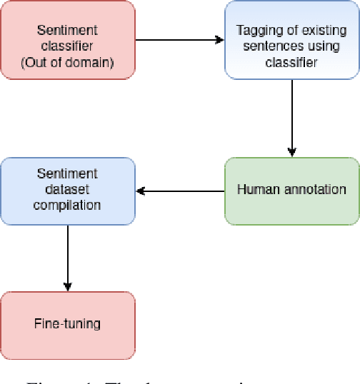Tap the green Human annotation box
(291, 190)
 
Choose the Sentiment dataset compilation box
(67, 190)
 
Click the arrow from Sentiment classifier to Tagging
(179, 39)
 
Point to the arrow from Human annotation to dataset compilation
(179, 191)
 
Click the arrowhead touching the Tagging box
(221, 39)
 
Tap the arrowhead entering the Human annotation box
(291, 153)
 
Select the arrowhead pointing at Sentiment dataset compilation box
(140, 191)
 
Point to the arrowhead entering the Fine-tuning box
(67, 287)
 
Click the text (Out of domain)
(67, 54)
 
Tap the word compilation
(67, 205)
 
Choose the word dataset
(67, 190)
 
